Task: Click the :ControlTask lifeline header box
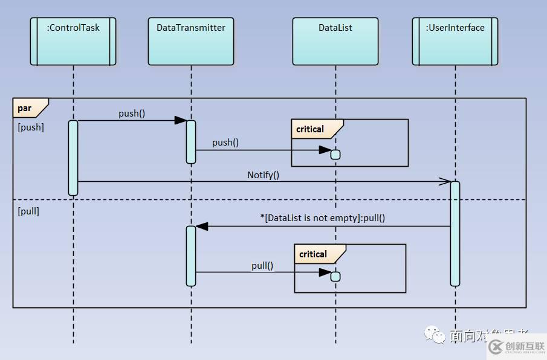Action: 73,41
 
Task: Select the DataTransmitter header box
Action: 191,41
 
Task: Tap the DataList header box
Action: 335,41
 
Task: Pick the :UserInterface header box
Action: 455,41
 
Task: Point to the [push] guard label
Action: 31,127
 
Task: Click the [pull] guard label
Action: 28,211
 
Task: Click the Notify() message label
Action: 263,175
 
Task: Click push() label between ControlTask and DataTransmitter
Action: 132,113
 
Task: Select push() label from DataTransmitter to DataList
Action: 225,143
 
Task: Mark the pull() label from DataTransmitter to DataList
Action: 262,265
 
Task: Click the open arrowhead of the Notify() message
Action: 445,181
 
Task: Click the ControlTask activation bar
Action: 73,158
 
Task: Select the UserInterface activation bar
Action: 455,233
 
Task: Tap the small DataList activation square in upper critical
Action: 335,155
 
